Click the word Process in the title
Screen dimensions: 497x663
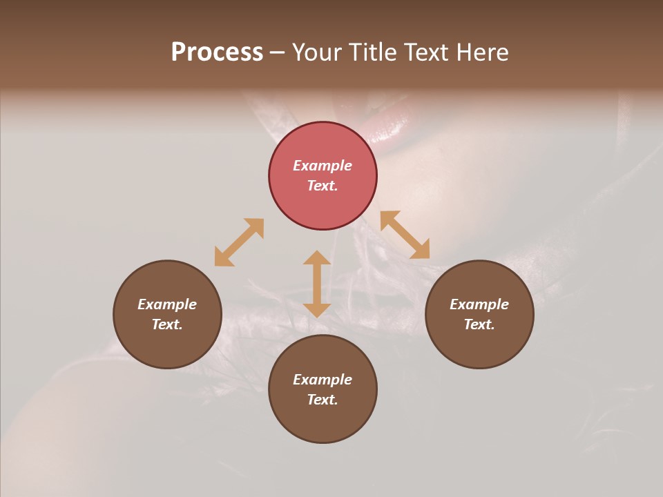tap(217, 52)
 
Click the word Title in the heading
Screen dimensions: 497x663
tap(372, 52)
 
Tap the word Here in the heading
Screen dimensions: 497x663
tap(479, 52)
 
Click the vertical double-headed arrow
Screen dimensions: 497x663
tap(317, 284)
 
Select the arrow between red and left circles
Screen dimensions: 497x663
tap(239, 242)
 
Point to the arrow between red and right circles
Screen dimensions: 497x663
tap(405, 235)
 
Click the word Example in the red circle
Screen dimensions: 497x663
tap(323, 166)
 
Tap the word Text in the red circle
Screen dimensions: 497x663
tap(323, 186)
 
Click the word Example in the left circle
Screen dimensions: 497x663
tap(167, 304)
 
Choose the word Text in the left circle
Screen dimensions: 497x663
tap(167, 324)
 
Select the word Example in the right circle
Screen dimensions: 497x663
tap(479, 304)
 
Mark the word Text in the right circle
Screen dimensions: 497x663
tap(479, 324)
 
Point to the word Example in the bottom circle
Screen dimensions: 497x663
tap(323, 380)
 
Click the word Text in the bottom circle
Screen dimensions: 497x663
tap(323, 400)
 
